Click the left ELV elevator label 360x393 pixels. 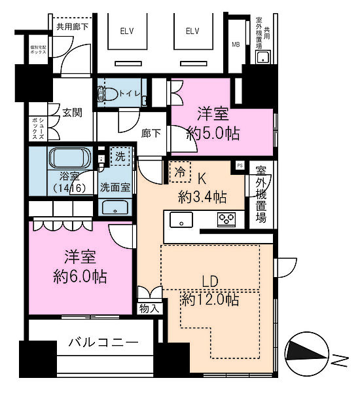pos(126,31)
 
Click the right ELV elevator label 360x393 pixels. pos(192,31)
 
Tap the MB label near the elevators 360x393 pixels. pos(236,45)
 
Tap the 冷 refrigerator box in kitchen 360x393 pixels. pos(180,172)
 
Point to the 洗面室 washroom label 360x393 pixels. pos(115,187)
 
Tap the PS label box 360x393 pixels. pos(240,166)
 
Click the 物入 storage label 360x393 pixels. pos(149,307)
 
